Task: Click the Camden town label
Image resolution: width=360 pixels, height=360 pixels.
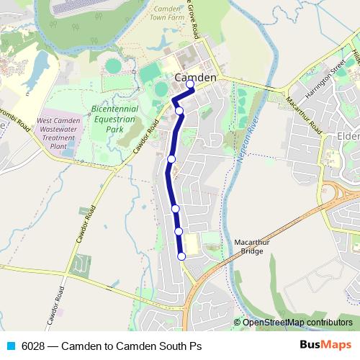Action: tap(195, 77)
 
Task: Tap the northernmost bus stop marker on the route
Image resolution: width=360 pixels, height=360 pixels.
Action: tap(191, 85)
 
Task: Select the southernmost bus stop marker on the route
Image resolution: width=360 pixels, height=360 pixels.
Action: tap(181, 256)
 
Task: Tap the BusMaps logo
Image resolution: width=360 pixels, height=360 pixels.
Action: tap(326, 345)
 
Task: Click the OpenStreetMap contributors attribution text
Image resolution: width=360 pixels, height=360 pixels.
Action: tap(297, 323)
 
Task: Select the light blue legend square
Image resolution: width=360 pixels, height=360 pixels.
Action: tap(10, 346)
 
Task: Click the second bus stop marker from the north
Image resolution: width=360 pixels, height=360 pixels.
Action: tap(179, 111)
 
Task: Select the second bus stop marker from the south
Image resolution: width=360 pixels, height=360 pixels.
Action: tap(179, 231)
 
